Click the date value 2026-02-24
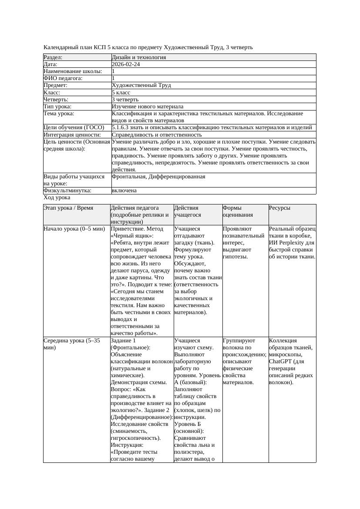(x=126, y=64)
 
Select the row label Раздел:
(x=53, y=57)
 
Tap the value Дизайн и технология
(x=138, y=57)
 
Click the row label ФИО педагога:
(x=63, y=78)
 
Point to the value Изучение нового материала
(x=148, y=107)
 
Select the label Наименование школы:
(x=73, y=71)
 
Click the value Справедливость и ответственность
(x=157, y=135)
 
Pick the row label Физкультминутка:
(x=67, y=191)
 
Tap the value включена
(x=124, y=191)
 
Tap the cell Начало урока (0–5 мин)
(x=74, y=228)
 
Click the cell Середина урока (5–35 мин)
(x=72, y=344)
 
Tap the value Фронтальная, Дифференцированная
(x=158, y=177)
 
